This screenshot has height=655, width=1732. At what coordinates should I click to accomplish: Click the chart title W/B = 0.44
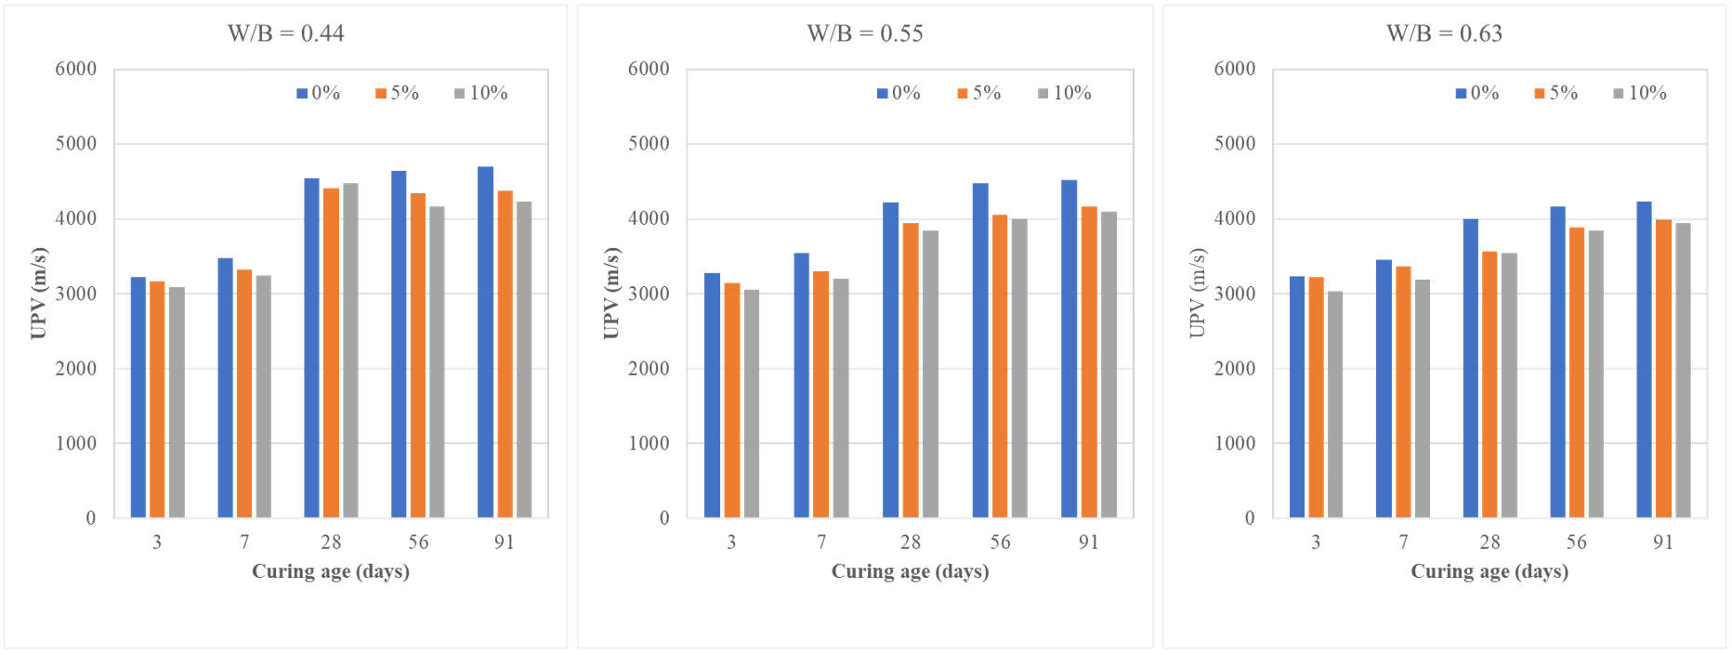(x=285, y=33)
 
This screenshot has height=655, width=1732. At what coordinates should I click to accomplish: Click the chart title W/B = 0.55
(x=864, y=33)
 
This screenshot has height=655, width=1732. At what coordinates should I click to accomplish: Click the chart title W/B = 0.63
(x=1444, y=33)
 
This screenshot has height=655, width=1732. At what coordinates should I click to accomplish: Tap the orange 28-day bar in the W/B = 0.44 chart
(x=331, y=353)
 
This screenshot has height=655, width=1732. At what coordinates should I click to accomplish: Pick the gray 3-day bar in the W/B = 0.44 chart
(x=177, y=402)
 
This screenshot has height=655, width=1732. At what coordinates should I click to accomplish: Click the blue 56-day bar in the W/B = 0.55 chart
(x=980, y=350)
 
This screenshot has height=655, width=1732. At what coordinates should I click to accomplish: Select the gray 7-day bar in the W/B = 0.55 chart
(x=841, y=398)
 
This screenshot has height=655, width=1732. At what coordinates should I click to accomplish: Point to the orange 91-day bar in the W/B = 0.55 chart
(x=1089, y=361)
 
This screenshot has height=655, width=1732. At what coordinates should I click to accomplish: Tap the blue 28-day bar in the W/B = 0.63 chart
(x=1470, y=368)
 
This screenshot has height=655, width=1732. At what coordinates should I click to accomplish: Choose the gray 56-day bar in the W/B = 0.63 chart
(x=1595, y=373)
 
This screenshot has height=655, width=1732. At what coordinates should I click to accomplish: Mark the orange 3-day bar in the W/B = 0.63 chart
(x=1316, y=397)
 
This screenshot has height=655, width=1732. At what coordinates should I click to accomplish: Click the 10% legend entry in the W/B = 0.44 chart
(x=480, y=93)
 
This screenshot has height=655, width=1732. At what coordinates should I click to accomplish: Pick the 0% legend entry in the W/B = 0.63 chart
(x=1476, y=93)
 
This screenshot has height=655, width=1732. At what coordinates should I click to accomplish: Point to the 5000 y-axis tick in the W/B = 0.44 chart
(x=76, y=144)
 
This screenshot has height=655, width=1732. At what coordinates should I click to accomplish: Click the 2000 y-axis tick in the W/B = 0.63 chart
(x=1235, y=369)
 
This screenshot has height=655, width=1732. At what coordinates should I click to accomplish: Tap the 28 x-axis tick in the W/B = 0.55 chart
(x=911, y=543)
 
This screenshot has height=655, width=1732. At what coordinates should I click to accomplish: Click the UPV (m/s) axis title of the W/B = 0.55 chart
(x=611, y=293)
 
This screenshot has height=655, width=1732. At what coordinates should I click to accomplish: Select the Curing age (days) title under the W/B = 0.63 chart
(x=1489, y=571)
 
